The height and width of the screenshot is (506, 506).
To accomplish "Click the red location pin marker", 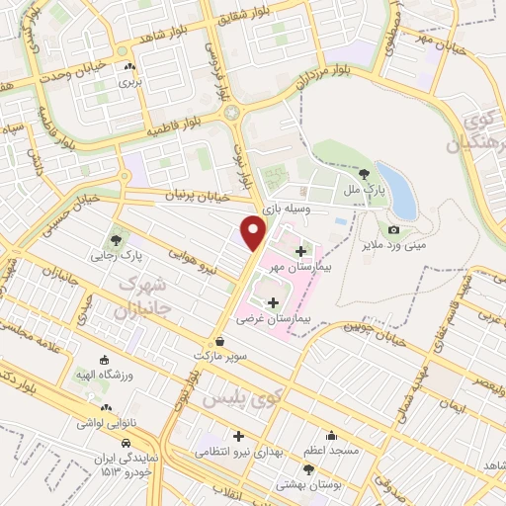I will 254,231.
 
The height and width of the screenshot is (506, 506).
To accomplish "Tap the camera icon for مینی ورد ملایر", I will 393,229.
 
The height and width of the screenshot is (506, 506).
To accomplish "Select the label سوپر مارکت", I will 233,353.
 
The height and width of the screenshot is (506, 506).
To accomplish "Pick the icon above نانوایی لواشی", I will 106,406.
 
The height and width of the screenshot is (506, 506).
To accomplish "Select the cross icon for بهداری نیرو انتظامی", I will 238,435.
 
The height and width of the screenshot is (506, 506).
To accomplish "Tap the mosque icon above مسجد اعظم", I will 331,435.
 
